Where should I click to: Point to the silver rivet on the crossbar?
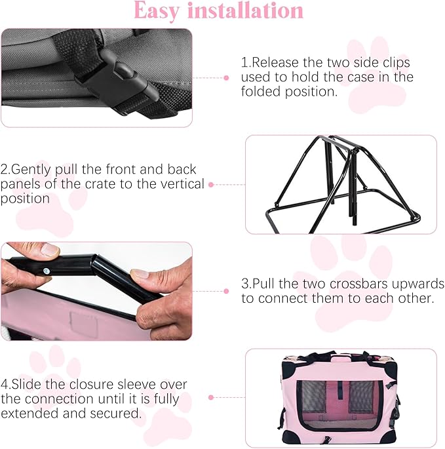[x=47, y=269]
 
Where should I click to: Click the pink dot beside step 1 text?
[x=226, y=77]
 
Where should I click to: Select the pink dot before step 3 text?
[x=226, y=290]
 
